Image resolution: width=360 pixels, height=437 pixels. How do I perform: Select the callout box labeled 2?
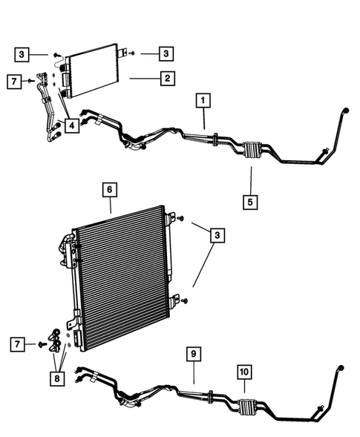168,77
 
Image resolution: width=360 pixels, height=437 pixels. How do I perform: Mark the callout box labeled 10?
244,371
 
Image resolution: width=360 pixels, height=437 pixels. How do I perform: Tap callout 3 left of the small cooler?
24,53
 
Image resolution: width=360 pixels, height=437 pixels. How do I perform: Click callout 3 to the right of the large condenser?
217,236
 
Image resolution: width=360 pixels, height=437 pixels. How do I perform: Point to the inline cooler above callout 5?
250,151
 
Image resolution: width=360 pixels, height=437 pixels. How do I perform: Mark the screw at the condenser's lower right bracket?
185,300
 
